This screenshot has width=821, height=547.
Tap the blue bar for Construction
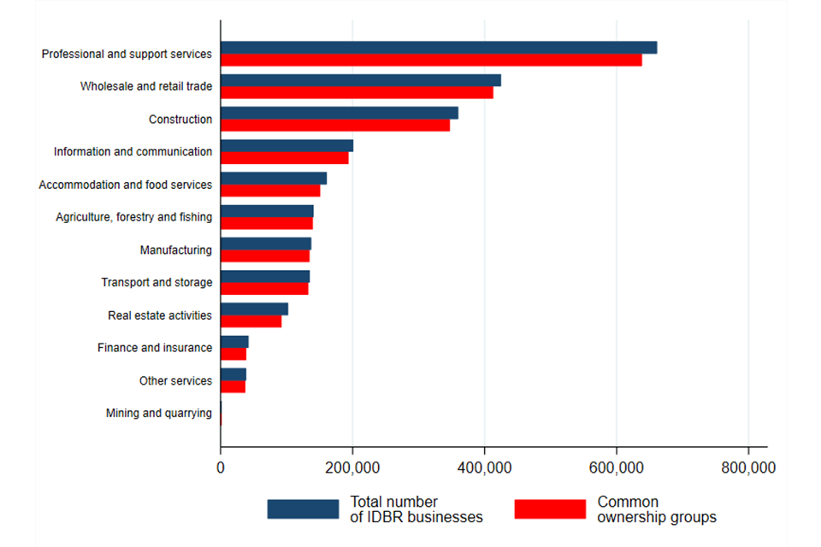(339, 113)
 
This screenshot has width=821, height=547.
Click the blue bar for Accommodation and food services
(273, 179)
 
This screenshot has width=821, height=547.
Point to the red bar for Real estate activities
(251, 321)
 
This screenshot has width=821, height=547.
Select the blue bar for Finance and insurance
(234, 342)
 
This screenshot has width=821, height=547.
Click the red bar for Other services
(233, 386)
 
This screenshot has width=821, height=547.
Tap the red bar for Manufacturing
(264, 256)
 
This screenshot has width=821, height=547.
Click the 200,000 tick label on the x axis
(352, 468)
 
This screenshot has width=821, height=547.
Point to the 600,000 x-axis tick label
(617, 468)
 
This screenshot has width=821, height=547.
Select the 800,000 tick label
(748, 468)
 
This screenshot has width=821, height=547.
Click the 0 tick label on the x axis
(221, 468)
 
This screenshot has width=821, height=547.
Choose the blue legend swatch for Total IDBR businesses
(303, 509)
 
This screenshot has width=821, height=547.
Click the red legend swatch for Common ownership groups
(550, 509)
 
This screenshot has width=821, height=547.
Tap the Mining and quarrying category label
(158, 414)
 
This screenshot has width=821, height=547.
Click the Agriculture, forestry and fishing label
(133, 217)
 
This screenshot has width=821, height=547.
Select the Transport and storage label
(157, 282)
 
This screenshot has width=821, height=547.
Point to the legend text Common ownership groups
(656, 509)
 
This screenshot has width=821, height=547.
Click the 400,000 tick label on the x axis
(485, 468)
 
